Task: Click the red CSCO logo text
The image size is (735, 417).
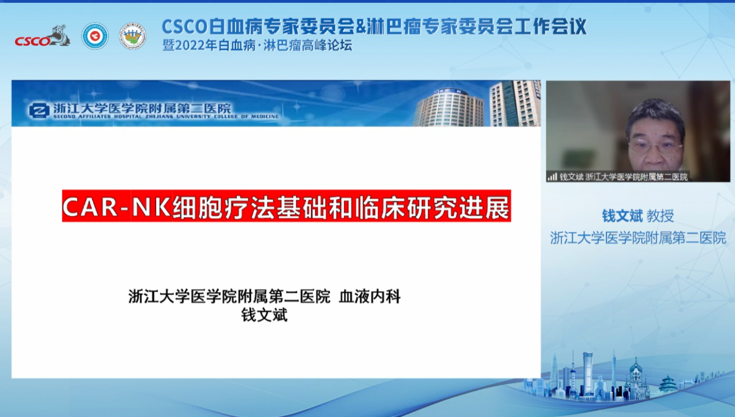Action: (x=31, y=41)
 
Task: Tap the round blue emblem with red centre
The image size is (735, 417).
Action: (x=94, y=36)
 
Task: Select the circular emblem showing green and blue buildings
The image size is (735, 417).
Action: (x=132, y=36)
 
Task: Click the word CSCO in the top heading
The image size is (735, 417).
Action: (x=184, y=26)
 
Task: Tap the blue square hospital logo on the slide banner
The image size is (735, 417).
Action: (x=39, y=110)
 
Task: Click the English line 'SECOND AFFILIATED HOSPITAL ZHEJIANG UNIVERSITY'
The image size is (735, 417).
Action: (x=165, y=117)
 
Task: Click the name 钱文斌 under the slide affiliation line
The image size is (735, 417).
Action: (x=264, y=316)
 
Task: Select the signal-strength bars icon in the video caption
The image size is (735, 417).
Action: (x=552, y=177)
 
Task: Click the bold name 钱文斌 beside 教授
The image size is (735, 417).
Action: (x=622, y=216)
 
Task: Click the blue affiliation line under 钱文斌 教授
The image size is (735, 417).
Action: (x=638, y=238)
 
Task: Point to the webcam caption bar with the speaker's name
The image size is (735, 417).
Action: (x=617, y=177)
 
